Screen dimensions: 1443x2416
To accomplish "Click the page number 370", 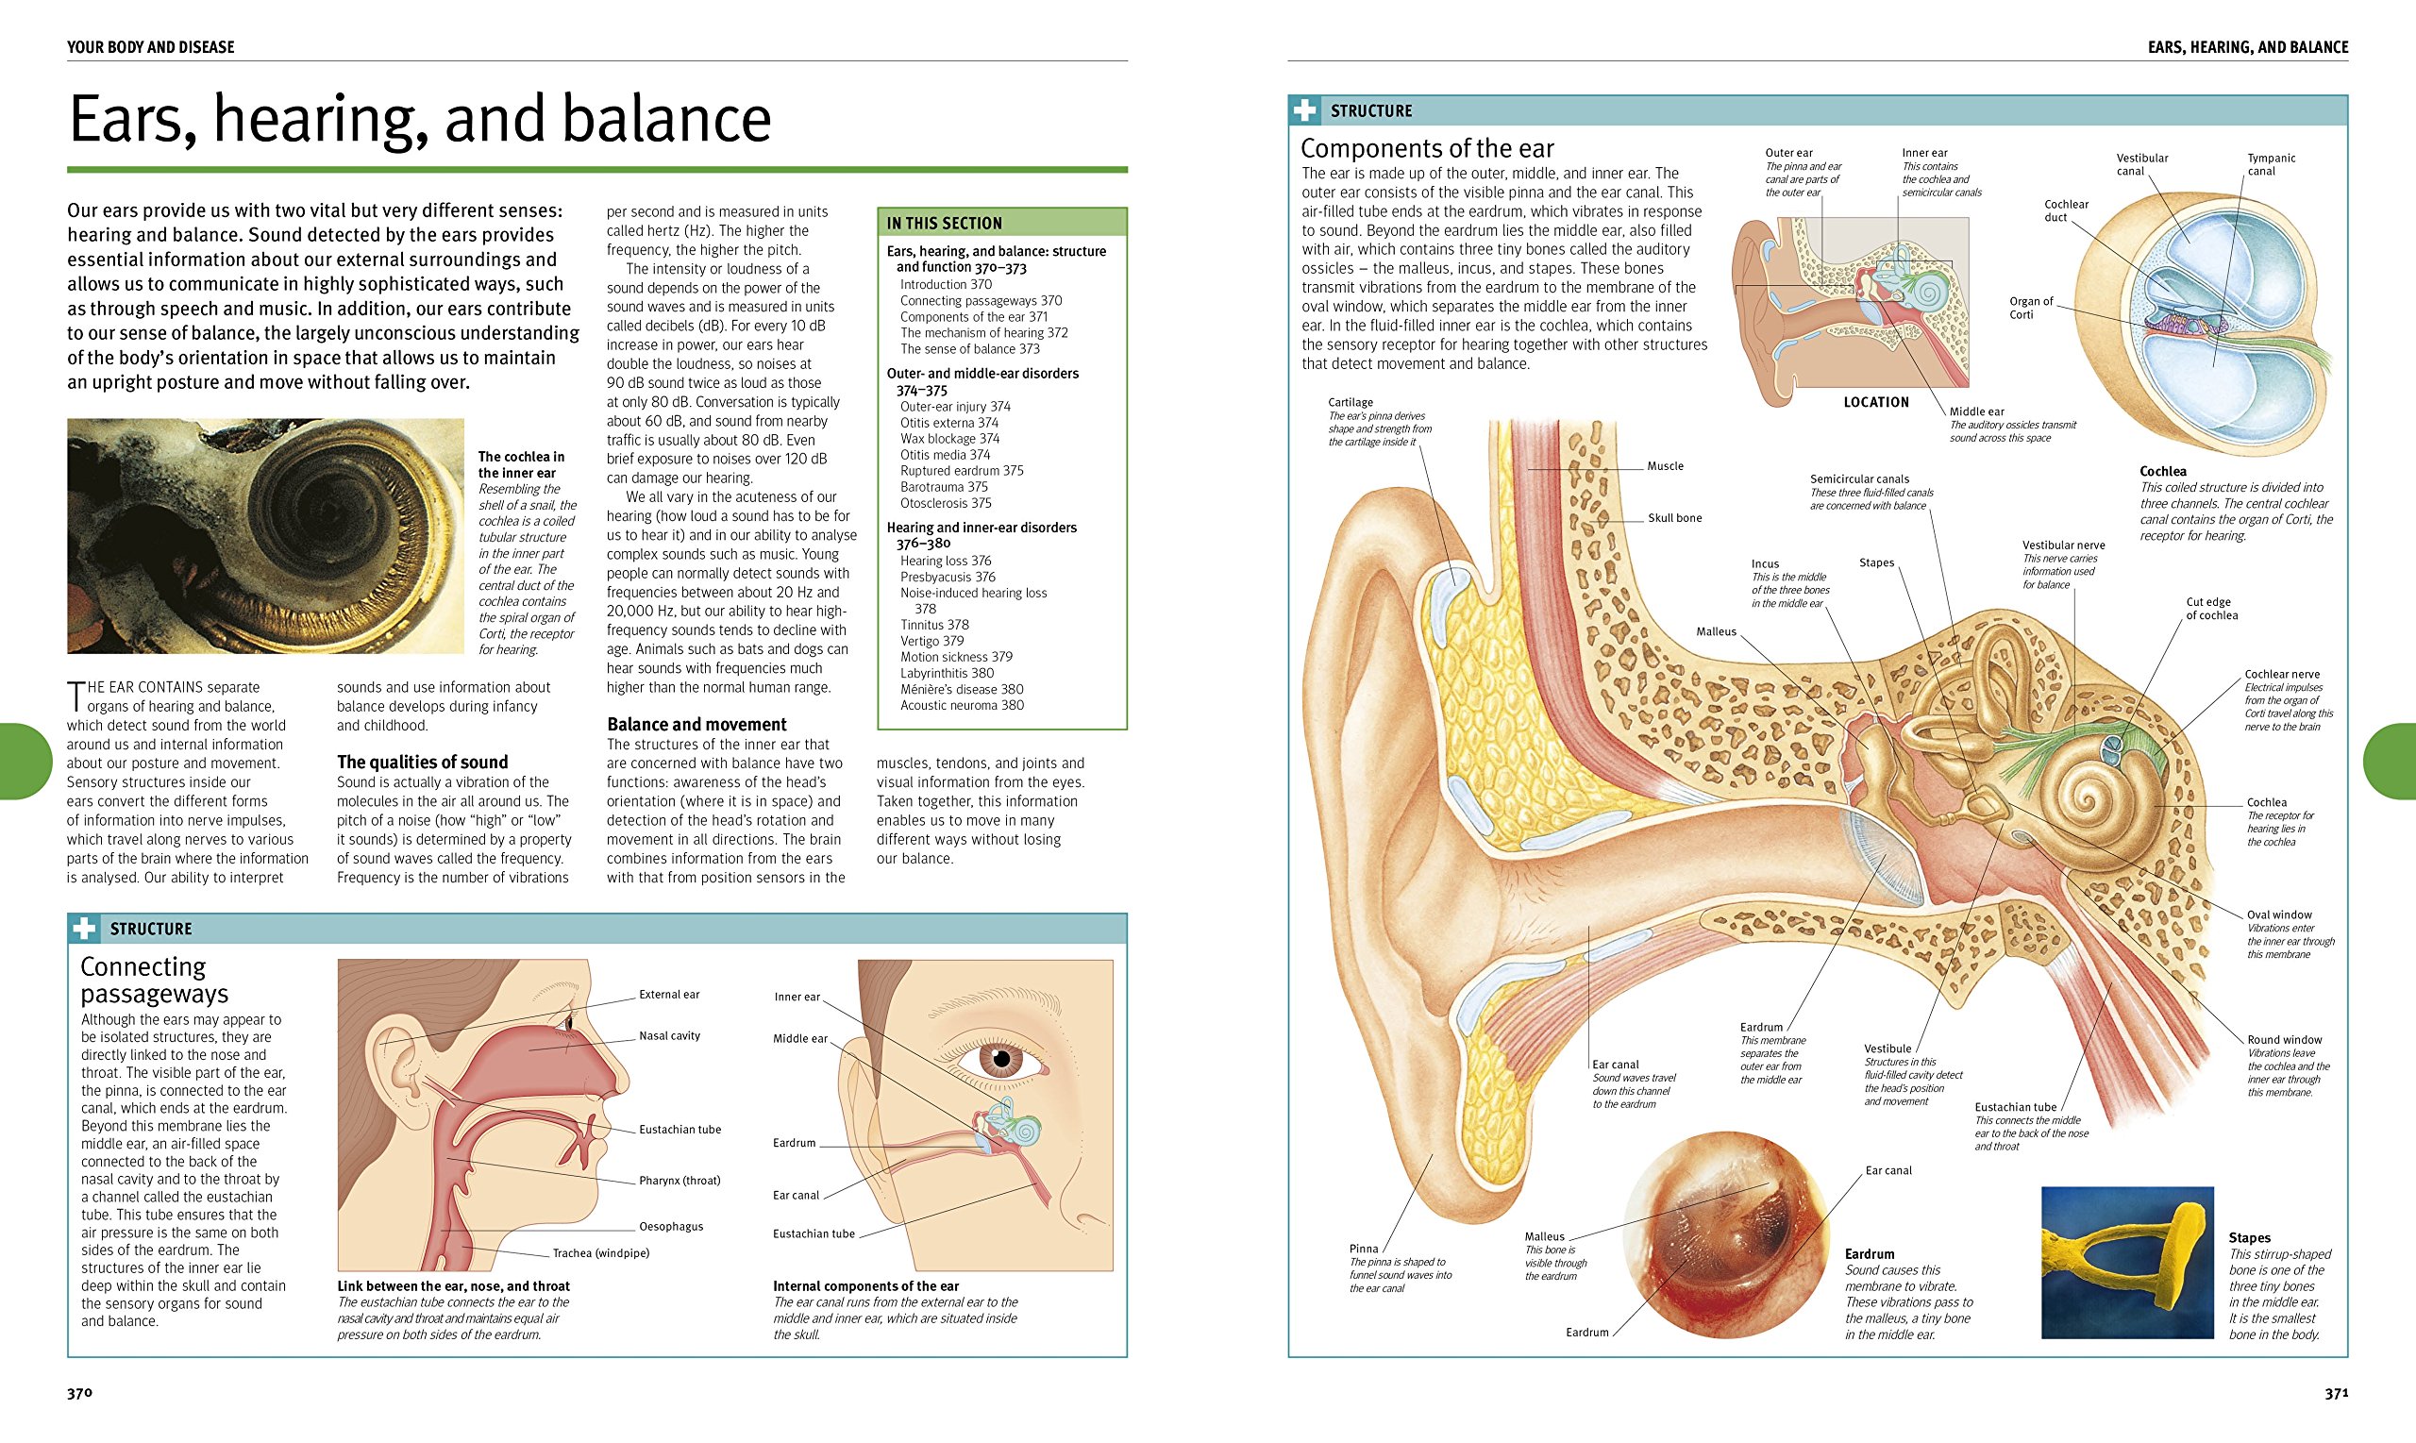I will (79, 1393).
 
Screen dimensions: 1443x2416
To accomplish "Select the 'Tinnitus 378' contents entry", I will (934, 625).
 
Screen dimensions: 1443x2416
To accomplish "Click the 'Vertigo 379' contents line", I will (931, 641).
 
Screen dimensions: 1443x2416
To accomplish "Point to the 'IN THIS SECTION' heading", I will (943, 224).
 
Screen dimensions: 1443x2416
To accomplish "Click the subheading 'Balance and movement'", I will (696, 725).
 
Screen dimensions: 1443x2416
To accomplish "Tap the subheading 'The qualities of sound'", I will (422, 763).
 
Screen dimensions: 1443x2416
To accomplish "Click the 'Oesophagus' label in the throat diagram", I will (671, 1227).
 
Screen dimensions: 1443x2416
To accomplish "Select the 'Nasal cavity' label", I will (669, 1036).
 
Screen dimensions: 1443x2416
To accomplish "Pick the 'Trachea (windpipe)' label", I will (601, 1253).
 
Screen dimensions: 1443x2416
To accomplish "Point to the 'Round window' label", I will (2284, 1040).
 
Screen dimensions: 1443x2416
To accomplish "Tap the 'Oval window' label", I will (2279, 915).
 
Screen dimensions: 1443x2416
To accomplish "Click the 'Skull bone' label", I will (1674, 518).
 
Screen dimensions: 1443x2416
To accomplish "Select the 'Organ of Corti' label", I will (2031, 309).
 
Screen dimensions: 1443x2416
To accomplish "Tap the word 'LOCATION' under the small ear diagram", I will (1875, 403).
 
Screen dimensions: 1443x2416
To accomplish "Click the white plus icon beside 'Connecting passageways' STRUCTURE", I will (85, 929).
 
